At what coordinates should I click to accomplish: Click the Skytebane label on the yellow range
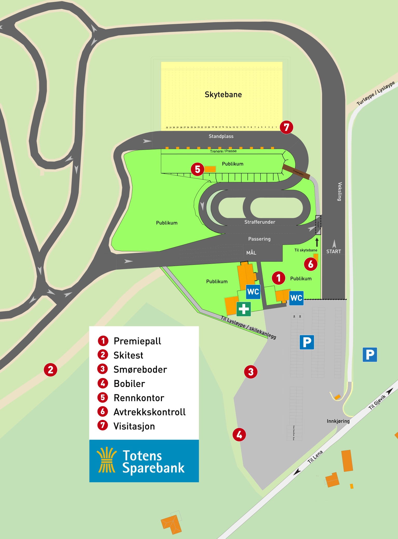click(x=223, y=94)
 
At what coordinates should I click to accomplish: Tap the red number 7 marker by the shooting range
click(x=286, y=127)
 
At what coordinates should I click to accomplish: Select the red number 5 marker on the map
click(x=197, y=169)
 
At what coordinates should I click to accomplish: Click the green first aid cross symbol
click(x=244, y=309)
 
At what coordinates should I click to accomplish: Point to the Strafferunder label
click(x=260, y=222)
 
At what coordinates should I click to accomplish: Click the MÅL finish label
click(x=251, y=253)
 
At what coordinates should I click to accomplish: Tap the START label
click(x=333, y=251)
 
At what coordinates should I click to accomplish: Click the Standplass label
click(x=221, y=136)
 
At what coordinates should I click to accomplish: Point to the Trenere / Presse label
click(x=223, y=151)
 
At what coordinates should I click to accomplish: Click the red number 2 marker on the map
click(x=51, y=370)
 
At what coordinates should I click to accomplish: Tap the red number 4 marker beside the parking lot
click(x=239, y=434)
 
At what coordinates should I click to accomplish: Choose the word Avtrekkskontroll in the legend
click(x=150, y=412)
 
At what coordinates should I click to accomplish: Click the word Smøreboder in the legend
click(x=140, y=369)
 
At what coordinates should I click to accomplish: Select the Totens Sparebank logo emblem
click(x=106, y=460)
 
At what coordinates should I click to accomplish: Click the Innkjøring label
click(x=338, y=421)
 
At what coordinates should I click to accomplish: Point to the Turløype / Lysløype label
click(x=375, y=93)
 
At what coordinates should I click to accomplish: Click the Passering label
click(x=259, y=239)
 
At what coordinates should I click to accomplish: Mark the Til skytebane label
click(x=306, y=250)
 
